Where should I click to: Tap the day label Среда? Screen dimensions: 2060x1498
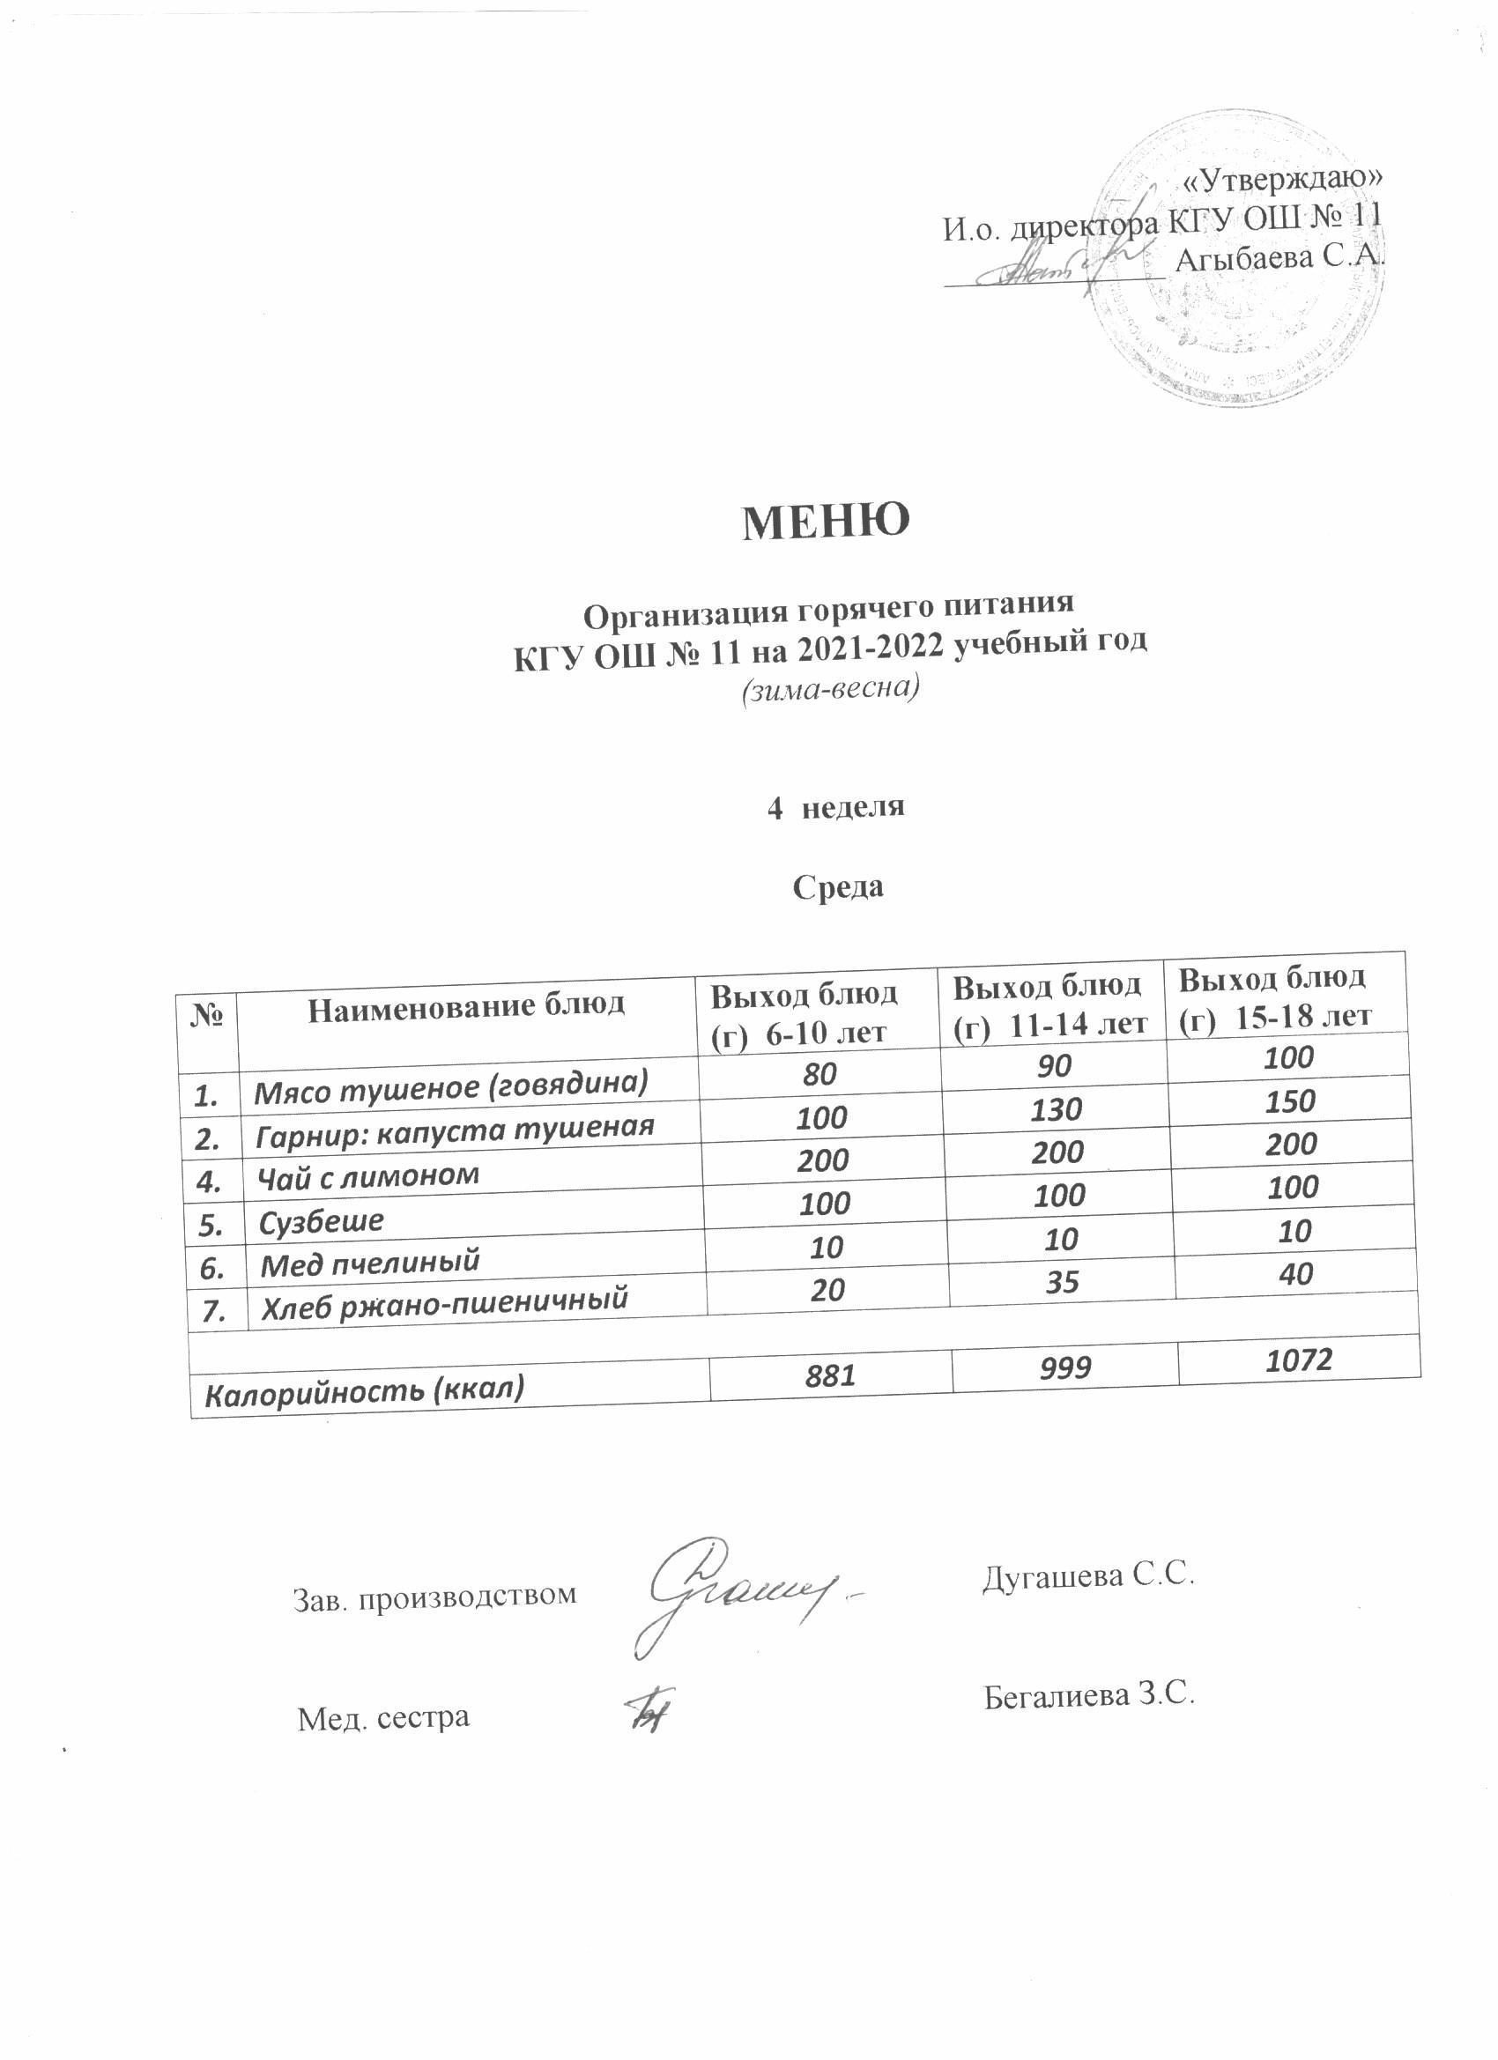[838, 886]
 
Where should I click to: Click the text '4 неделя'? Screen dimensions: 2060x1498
[835, 805]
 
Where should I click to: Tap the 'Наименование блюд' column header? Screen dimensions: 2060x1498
[466, 1007]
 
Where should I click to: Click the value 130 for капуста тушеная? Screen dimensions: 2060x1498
[1057, 1109]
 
